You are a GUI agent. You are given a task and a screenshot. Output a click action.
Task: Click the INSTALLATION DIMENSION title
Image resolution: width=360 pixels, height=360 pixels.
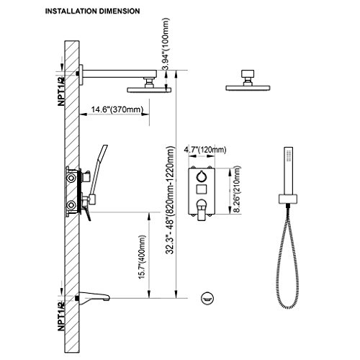[x=92, y=12]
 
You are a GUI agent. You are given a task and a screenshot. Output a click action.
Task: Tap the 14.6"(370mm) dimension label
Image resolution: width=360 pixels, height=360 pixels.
[x=117, y=109]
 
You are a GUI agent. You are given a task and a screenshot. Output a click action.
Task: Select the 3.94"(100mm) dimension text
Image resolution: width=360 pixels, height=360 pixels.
[x=166, y=44]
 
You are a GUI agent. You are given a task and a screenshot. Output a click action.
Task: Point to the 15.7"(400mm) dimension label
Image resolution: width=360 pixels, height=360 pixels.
[x=142, y=257]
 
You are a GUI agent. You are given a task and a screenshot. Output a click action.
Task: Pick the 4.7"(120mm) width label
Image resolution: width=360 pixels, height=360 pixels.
[x=205, y=150]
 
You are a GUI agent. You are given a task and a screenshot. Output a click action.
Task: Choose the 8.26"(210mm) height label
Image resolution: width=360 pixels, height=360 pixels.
[x=237, y=189]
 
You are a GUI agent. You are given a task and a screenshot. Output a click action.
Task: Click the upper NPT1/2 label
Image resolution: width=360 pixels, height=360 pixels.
[x=61, y=91]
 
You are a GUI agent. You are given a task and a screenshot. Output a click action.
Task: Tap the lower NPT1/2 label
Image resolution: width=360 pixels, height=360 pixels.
[x=61, y=316]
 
